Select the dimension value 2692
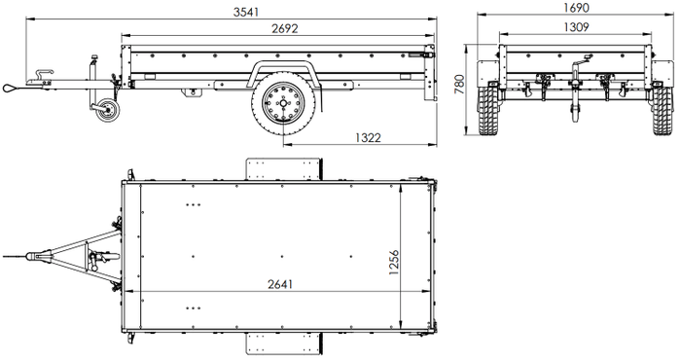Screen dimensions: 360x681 click(x=284, y=30)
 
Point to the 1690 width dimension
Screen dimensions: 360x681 click(x=576, y=8)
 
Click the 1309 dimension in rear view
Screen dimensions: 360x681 click(x=574, y=27)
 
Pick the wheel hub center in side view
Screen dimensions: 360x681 click(x=282, y=104)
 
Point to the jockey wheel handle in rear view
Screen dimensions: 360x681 click(x=576, y=68)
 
